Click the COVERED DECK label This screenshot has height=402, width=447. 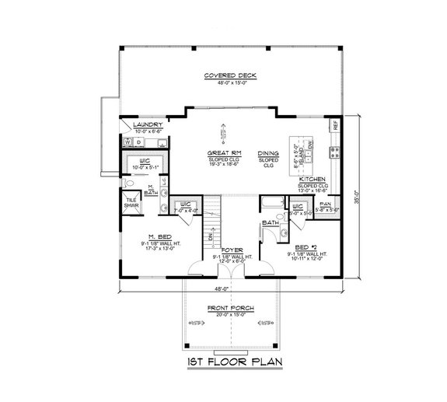(x=230, y=75)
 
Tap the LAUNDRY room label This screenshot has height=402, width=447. (x=147, y=124)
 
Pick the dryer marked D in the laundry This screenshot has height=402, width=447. (x=138, y=142)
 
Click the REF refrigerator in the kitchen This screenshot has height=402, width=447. (x=335, y=125)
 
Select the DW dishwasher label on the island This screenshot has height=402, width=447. (x=310, y=145)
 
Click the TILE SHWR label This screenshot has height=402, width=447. (x=131, y=203)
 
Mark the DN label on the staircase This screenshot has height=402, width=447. (x=210, y=235)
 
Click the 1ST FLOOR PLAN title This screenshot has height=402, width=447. (x=224, y=363)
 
